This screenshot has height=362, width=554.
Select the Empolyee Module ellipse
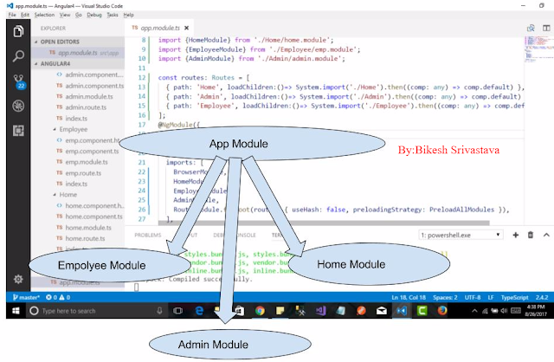(100, 264)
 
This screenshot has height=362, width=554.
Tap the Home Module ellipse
(350, 263)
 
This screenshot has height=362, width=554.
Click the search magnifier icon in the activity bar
(17, 57)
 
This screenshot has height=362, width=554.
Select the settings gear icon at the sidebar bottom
(17, 279)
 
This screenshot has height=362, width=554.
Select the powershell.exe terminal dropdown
(460, 234)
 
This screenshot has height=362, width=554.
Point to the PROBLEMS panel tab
(148, 234)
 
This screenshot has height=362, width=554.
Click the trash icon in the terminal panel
(529, 234)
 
